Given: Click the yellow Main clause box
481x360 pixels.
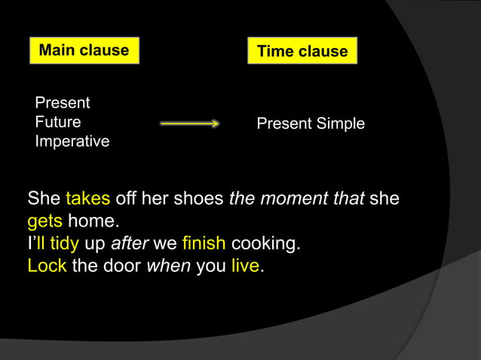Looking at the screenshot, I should point(84,50).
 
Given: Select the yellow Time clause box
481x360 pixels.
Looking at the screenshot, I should point(302,51).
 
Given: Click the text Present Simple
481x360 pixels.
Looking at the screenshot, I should point(311,124).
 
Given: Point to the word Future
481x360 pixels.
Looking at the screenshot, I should point(58,122).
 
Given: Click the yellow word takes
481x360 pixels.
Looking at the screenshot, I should point(88,200).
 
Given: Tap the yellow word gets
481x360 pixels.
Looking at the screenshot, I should point(45,222).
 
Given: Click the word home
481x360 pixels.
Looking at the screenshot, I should point(93,222).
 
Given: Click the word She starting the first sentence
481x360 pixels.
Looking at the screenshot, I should point(44,200).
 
